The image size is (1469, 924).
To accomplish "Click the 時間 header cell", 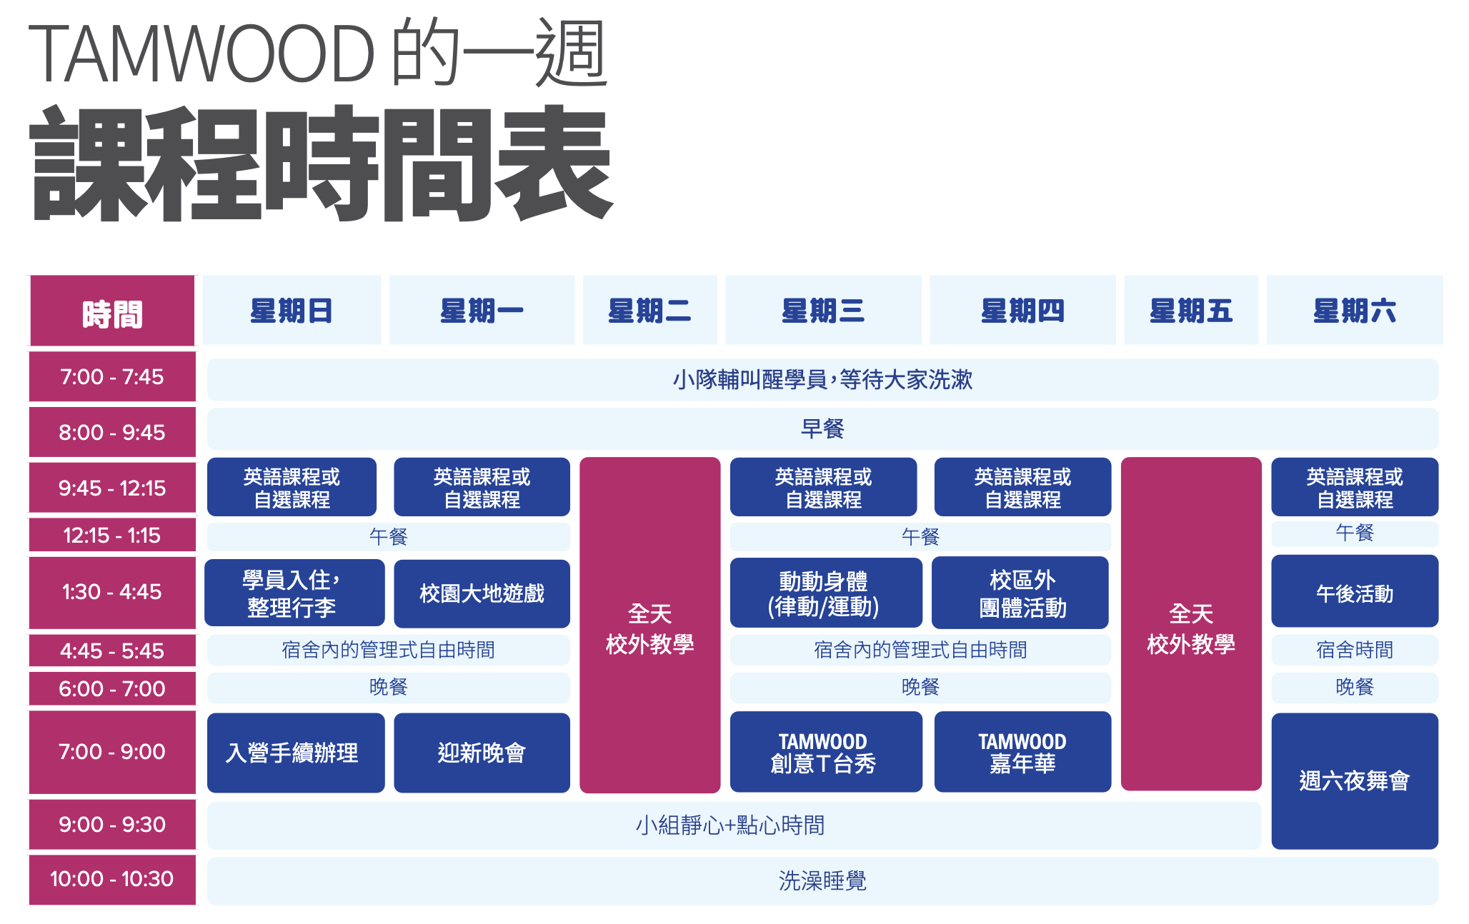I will pyautogui.click(x=112, y=312).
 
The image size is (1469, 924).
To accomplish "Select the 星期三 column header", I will pyautogui.click(x=823, y=311).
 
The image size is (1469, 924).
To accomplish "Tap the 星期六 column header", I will pyautogui.click(x=1354, y=311).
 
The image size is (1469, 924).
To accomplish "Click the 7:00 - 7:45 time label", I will pyautogui.click(x=112, y=376).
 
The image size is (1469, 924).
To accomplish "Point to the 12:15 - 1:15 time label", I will pyautogui.click(x=112, y=535).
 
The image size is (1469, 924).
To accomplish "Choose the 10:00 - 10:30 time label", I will pyautogui.click(x=112, y=879).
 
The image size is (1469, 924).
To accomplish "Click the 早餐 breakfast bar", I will pyautogui.click(x=822, y=428).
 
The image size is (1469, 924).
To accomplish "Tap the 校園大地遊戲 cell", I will pyautogui.click(x=482, y=593).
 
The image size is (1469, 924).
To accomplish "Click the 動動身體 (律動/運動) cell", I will pyautogui.click(x=825, y=593).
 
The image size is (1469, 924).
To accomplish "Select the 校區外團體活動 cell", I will pyautogui.click(x=1021, y=593).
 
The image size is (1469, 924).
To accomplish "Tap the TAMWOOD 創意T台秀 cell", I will pyautogui.click(x=825, y=752).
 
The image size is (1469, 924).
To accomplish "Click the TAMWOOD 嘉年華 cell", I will pyautogui.click(x=1022, y=752).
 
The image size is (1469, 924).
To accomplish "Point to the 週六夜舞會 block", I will pyautogui.click(x=1354, y=780).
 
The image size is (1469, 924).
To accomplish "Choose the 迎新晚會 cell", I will pyautogui.click(x=482, y=753).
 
